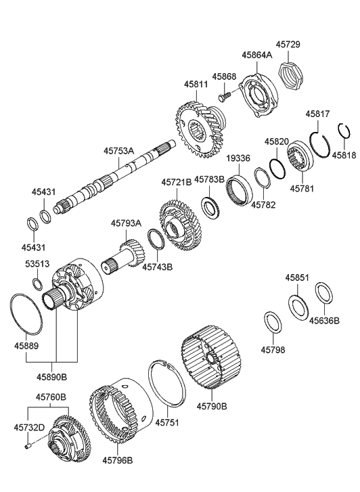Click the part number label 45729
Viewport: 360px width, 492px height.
tap(292, 44)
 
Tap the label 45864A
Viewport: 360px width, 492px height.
tap(256, 54)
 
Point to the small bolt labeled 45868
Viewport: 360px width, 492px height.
tap(225, 97)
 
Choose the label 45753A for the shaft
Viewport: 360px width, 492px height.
tap(119, 152)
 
